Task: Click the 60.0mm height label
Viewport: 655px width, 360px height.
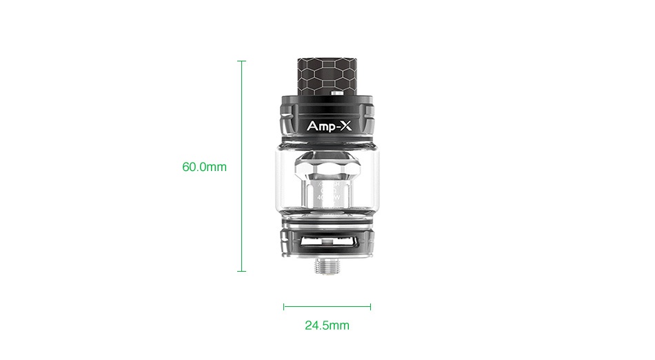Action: pyautogui.click(x=204, y=167)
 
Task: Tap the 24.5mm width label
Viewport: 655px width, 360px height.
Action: pyautogui.click(x=327, y=325)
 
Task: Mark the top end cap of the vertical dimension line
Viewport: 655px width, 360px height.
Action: pyautogui.click(x=241, y=61)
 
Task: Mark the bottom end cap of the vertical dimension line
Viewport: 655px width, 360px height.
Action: pyautogui.click(x=241, y=271)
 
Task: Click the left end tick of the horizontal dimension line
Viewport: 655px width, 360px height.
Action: pyautogui.click(x=283, y=306)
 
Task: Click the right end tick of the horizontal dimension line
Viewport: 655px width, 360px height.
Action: pyautogui.click(x=370, y=306)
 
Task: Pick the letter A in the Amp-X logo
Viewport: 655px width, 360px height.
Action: pyautogui.click(x=311, y=127)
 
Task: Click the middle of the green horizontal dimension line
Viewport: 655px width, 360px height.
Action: pyautogui.click(x=327, y=306)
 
